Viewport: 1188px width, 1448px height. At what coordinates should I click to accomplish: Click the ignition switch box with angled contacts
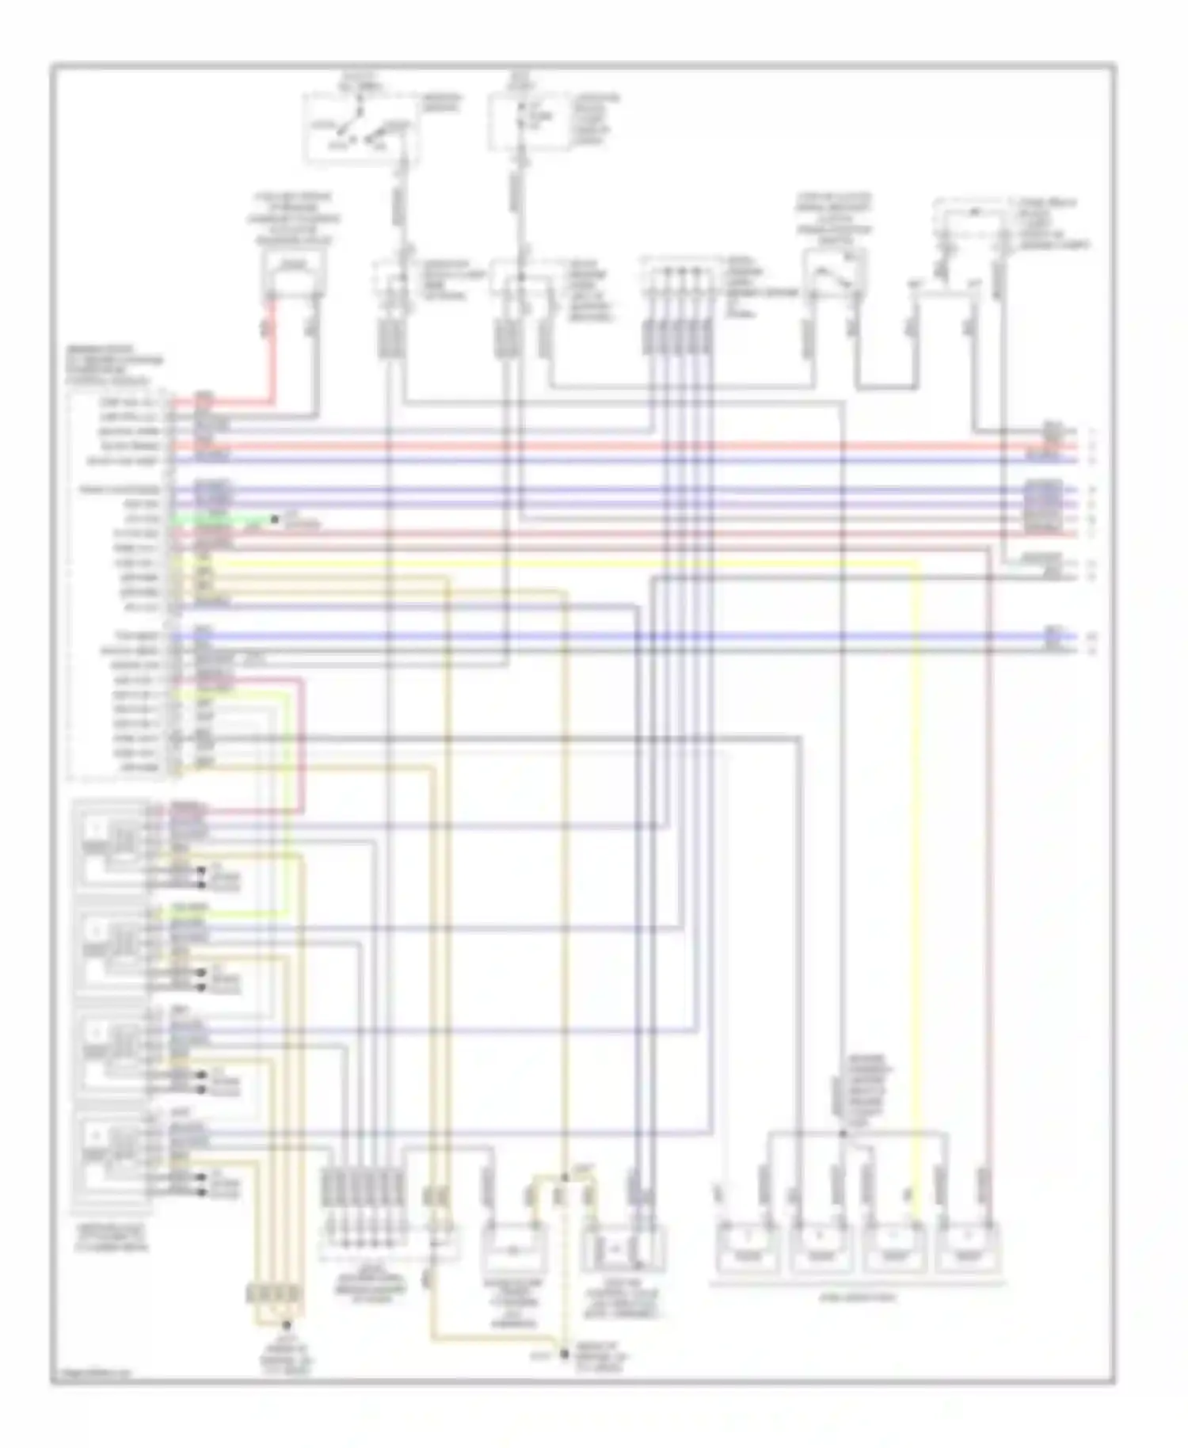360,127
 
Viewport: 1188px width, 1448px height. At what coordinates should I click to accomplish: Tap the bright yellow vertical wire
917,871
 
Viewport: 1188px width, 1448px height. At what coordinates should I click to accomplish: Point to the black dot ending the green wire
275,520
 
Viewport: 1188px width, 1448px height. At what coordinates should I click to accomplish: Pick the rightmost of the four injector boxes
968,1248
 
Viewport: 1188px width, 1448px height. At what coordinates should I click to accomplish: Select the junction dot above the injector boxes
843,1134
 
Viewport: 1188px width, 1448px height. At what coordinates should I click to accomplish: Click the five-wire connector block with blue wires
677,337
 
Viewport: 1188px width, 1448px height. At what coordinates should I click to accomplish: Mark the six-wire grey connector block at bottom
363,1188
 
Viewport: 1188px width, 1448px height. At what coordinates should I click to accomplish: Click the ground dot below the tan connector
287,1325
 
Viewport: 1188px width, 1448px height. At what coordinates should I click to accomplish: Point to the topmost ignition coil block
111,844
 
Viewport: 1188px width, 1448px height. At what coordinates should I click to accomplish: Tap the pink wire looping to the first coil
302,745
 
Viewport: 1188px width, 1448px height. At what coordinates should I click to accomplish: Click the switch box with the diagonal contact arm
832,277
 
